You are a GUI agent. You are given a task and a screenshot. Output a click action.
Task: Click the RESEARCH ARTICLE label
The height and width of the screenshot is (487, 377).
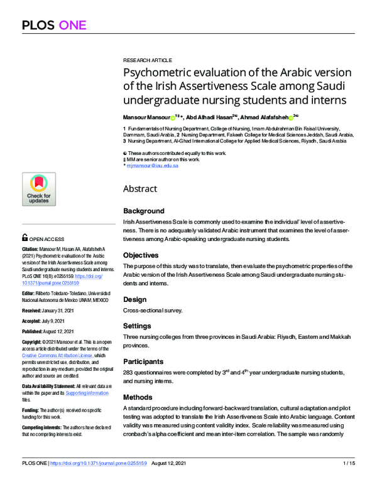click(x=147, y=60)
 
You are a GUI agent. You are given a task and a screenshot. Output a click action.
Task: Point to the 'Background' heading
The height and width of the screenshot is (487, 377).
click(x=144, y=211)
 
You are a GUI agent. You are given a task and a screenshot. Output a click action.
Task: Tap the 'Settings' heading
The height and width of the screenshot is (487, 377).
click(x=137, y=326)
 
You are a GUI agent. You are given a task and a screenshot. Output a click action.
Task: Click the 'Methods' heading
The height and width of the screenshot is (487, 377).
click(x=138, y=397)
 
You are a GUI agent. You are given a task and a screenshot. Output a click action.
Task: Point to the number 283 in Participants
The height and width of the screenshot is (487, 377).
click(x=129, y=373)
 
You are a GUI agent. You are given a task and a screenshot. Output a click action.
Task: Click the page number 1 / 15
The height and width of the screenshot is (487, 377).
click(x=349, y=481)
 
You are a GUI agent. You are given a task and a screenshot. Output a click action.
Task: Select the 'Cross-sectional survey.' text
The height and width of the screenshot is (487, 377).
click(x=153, y=311)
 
